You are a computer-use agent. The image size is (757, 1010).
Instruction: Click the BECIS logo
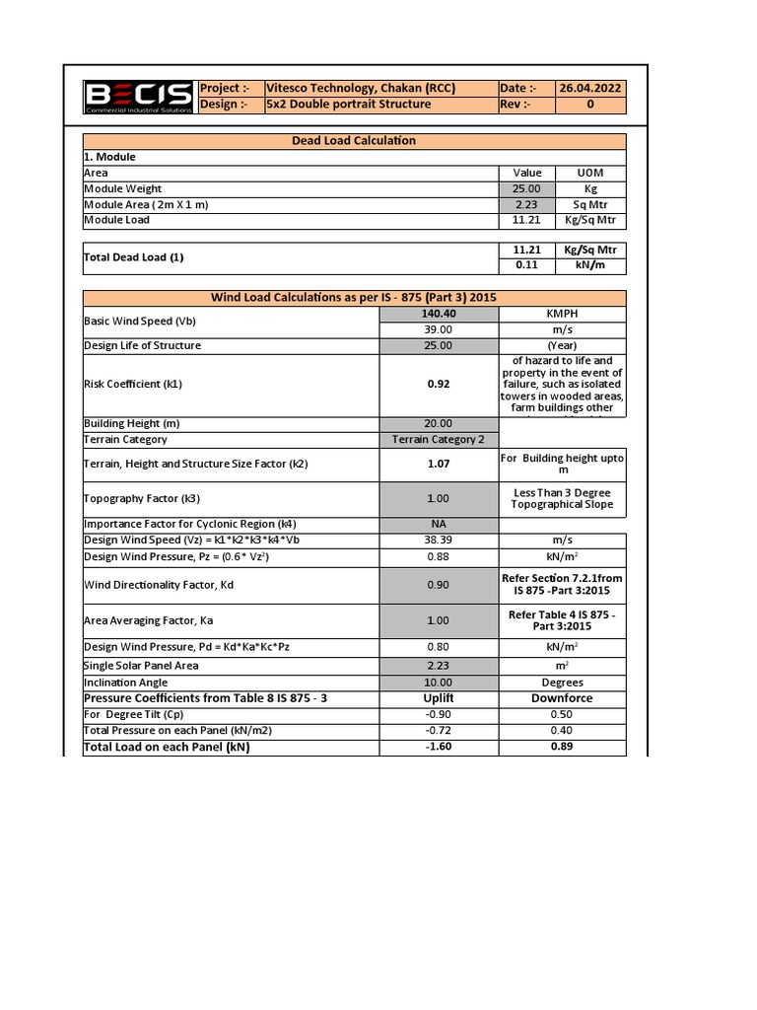138,97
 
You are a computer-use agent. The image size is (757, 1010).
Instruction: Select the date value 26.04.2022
590,88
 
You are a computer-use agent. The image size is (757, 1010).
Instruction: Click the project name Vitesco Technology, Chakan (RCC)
361,88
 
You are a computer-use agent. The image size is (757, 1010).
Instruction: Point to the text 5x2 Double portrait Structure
349,105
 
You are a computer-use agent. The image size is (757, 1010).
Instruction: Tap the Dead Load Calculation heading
354,141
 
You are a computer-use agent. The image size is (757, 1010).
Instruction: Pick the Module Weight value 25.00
526,188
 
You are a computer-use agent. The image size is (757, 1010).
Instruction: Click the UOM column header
590,173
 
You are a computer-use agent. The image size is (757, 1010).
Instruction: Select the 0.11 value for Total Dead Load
526,265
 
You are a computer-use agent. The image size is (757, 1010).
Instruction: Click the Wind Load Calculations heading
354,298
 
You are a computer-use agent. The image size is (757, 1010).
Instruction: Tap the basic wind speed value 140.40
439,314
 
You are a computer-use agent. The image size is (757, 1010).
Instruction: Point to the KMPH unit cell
562,314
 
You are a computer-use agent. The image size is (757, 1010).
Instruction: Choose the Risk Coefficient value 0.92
439,385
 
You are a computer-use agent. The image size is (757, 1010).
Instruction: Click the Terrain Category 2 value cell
439,440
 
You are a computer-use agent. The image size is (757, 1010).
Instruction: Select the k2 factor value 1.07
439,464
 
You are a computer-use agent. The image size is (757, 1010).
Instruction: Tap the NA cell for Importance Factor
439,524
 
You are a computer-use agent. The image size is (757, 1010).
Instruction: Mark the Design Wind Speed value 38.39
439,541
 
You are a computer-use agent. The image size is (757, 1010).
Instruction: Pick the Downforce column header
562,698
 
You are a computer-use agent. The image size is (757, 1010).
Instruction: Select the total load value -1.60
439,748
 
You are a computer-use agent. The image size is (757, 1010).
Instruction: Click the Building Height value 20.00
439,424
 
